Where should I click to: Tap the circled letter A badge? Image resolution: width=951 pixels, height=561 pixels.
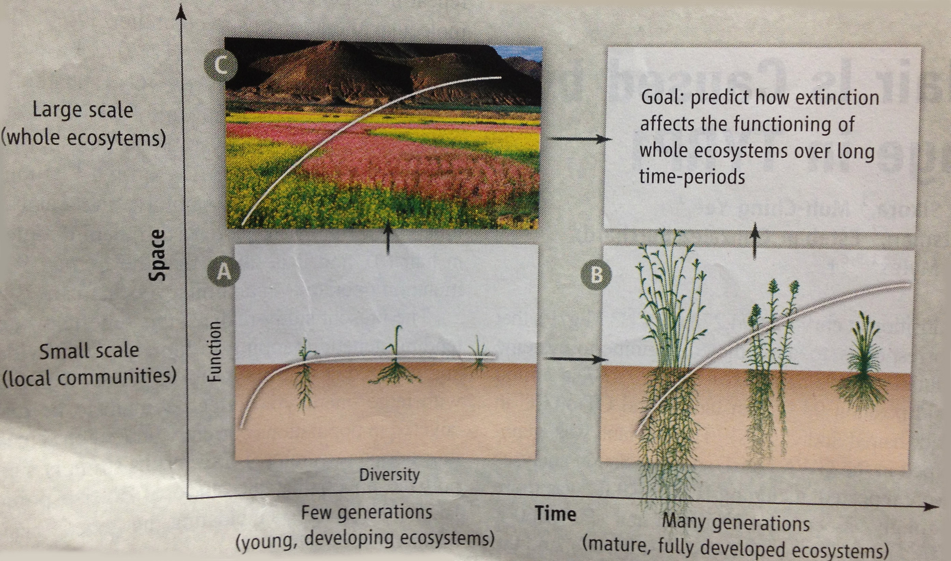point(224,271)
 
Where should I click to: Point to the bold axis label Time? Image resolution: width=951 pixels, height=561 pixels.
point(556,514)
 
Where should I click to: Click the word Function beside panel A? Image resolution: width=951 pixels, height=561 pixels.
point(214,352)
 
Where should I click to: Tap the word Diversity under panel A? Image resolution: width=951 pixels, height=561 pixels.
point(389,475)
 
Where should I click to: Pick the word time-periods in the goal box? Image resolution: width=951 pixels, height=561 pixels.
point(692,177)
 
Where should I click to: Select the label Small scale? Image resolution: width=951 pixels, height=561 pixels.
point(89,351)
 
